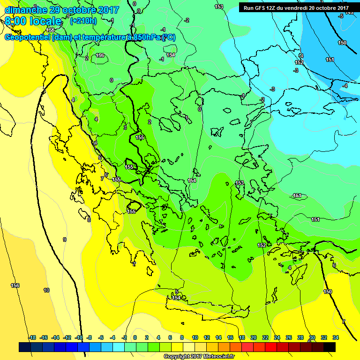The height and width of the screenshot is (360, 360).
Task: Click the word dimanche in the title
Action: (x=25, y=10)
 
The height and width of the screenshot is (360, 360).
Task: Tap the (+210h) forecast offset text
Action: (x=83, y=21)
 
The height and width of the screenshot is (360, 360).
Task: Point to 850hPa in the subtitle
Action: (x=144, y=37)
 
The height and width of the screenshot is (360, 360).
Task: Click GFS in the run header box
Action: (x=261, y=7)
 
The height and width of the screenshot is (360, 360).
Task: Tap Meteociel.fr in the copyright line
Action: (x=216, y=357)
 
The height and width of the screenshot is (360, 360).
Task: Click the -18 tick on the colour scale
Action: (x=32, y=337)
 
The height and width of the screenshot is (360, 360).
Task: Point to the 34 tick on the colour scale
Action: (x=336, y=337)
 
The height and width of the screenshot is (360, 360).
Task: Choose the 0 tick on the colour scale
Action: (x=135, y=337)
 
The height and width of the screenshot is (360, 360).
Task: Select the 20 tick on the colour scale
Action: (x=254, y=337)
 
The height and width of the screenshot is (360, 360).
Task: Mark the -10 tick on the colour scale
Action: (x=78, y=337)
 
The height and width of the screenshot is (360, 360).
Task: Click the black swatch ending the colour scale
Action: (x=330, y=347)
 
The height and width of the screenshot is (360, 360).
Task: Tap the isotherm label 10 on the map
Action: (x=46, y=290)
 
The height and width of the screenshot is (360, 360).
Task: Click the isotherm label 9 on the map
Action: (x=65, y=240)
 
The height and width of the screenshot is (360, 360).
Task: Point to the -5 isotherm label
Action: (x=341, y=16)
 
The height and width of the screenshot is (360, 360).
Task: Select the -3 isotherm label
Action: (x=296, y=70)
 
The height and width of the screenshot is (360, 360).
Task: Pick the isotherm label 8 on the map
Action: (x=89, y=219)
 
